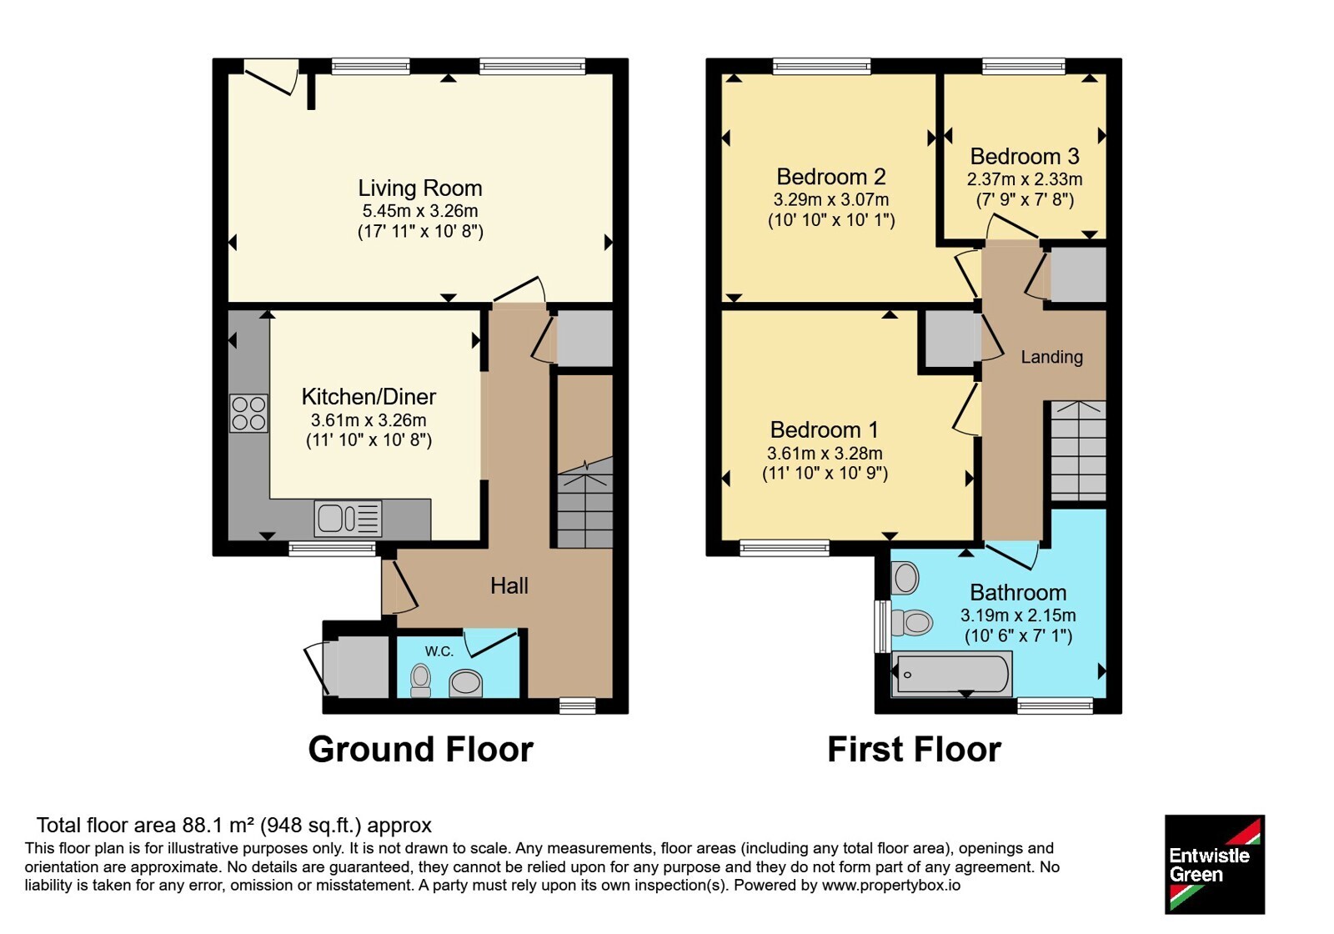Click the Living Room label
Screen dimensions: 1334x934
click(x=420, y=188)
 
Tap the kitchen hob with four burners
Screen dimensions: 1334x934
click(x=249, y=414)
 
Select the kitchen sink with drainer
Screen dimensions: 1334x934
click(x=349, y=518)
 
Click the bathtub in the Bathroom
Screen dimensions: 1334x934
click(x=951, y=675)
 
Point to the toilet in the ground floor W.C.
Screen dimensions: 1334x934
click(x=421, y=680)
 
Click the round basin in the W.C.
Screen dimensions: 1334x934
click(x=466, y=683)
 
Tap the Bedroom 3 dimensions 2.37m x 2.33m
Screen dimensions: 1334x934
click(x=1025, y=179)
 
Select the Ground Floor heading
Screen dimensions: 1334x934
click(x=420, y=750)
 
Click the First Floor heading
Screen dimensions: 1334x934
click(x=914, y=750)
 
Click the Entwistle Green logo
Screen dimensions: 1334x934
click(x=1215, y=864)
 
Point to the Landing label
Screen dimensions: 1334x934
click(x=1051, y=357)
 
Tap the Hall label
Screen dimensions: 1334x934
click(x=509, y=585)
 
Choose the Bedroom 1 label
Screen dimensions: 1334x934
click(x=825, y=429)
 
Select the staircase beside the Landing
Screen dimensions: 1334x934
click(x=1078, y=451)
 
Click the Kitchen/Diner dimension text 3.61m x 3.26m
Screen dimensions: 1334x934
click(x=369, y=420)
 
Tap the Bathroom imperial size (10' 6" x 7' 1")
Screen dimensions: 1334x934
click(x=1018, y=636)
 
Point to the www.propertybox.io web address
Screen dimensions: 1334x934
click(x=891, y=885)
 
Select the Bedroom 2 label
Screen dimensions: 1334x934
click(x=830, y=177)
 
